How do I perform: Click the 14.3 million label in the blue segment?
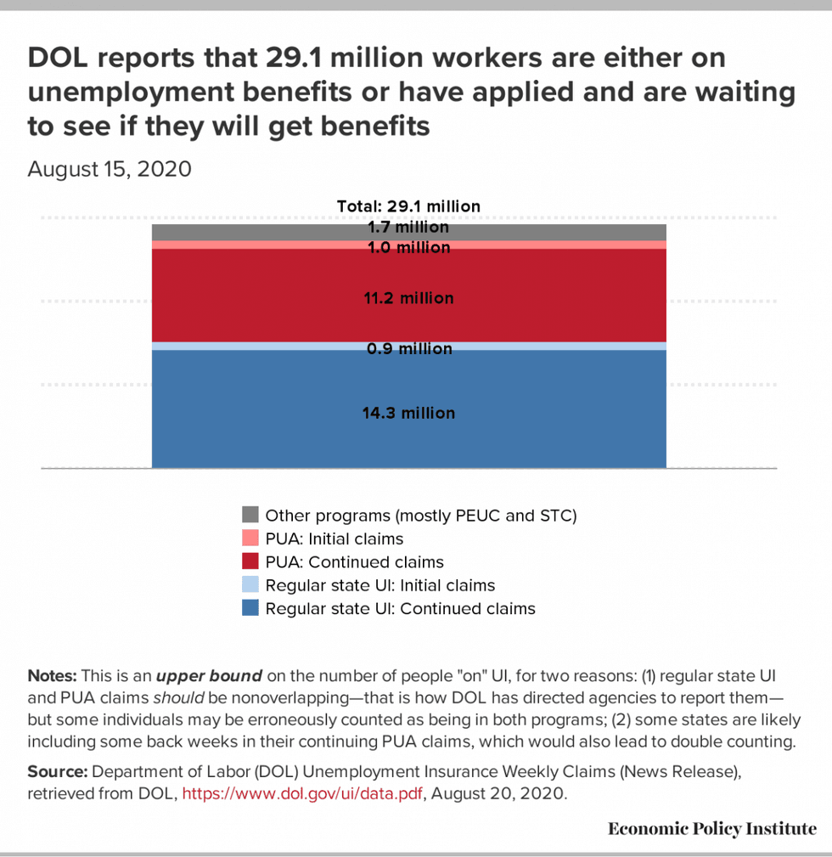pos(408,414)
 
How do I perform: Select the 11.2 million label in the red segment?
pos(408,298)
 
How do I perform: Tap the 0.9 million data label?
pos(408,349)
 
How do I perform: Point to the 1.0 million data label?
pos(408,248)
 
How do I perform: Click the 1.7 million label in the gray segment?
pos(408,228)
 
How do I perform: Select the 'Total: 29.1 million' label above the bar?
pos(408,206)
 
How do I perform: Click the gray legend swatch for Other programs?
pos(250,515)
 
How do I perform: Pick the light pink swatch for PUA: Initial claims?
pos(250,538)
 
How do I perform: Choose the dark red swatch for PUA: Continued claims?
pos(250,561)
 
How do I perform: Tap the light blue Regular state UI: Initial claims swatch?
pos(250,585)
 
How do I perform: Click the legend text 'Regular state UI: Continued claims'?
pos(400,608)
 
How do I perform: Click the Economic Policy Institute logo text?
pos(711,829)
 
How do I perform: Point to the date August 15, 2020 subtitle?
pos(110,169)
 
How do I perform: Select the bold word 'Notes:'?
pos(53,677)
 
